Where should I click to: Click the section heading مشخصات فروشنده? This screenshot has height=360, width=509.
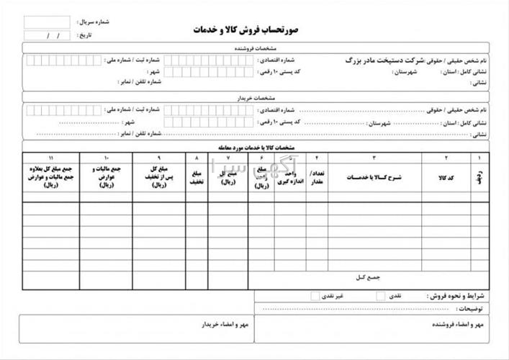point(255,49)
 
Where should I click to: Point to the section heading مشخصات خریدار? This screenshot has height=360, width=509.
point(255,96)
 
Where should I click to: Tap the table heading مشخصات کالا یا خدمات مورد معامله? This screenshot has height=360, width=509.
point(255,147)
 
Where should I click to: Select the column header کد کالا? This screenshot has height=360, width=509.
point(446,176)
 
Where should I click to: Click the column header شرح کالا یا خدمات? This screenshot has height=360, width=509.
point(374,176)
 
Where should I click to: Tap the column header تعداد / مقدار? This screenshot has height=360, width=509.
point(317,176)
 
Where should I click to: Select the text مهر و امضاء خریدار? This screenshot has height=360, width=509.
point(224,325)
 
